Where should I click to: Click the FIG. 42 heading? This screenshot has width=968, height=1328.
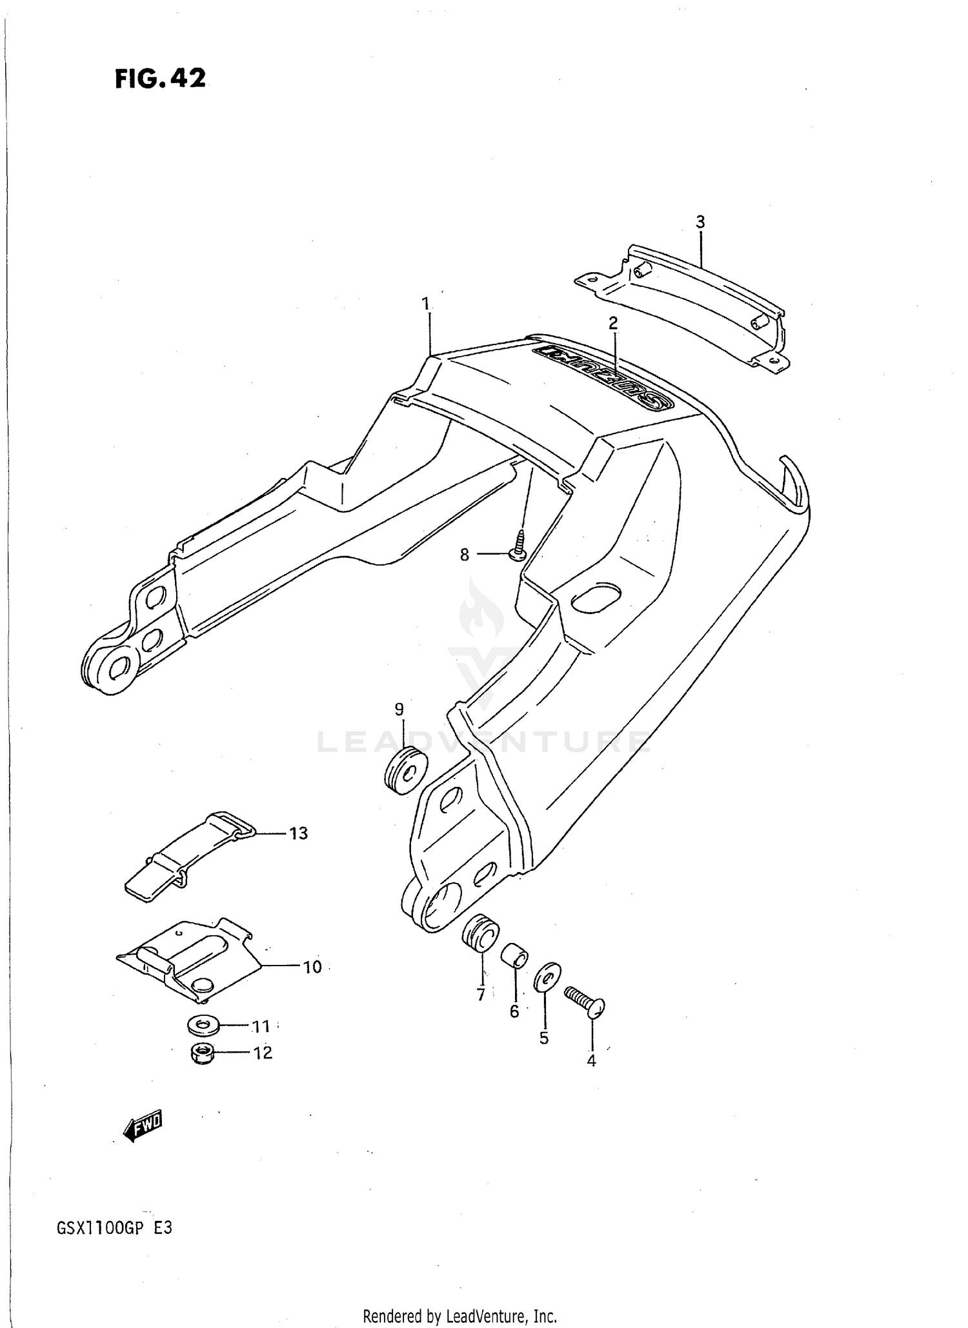click(x=161, y=79)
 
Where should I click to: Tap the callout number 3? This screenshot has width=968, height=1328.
click(x=700, y=223)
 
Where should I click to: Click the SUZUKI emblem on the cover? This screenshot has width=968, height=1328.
click(x=603, y=378)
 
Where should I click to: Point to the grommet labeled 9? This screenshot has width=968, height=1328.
click(x=406, y=770)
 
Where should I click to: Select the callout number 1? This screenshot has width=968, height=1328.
click(x=425, y=303)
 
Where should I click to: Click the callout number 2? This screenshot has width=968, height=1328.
click(x=613, y=323)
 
